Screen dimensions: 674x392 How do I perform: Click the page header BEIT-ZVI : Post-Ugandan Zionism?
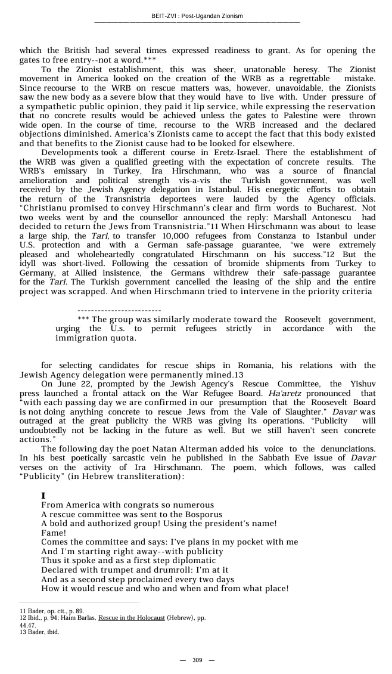tap(197, 16)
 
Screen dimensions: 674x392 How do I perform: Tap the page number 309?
tap(197, 660)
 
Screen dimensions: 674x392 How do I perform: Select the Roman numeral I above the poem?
tap(43, 496)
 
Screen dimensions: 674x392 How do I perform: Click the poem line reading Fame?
tap(54, 533)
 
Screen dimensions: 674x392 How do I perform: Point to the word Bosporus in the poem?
tap(202, 514)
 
